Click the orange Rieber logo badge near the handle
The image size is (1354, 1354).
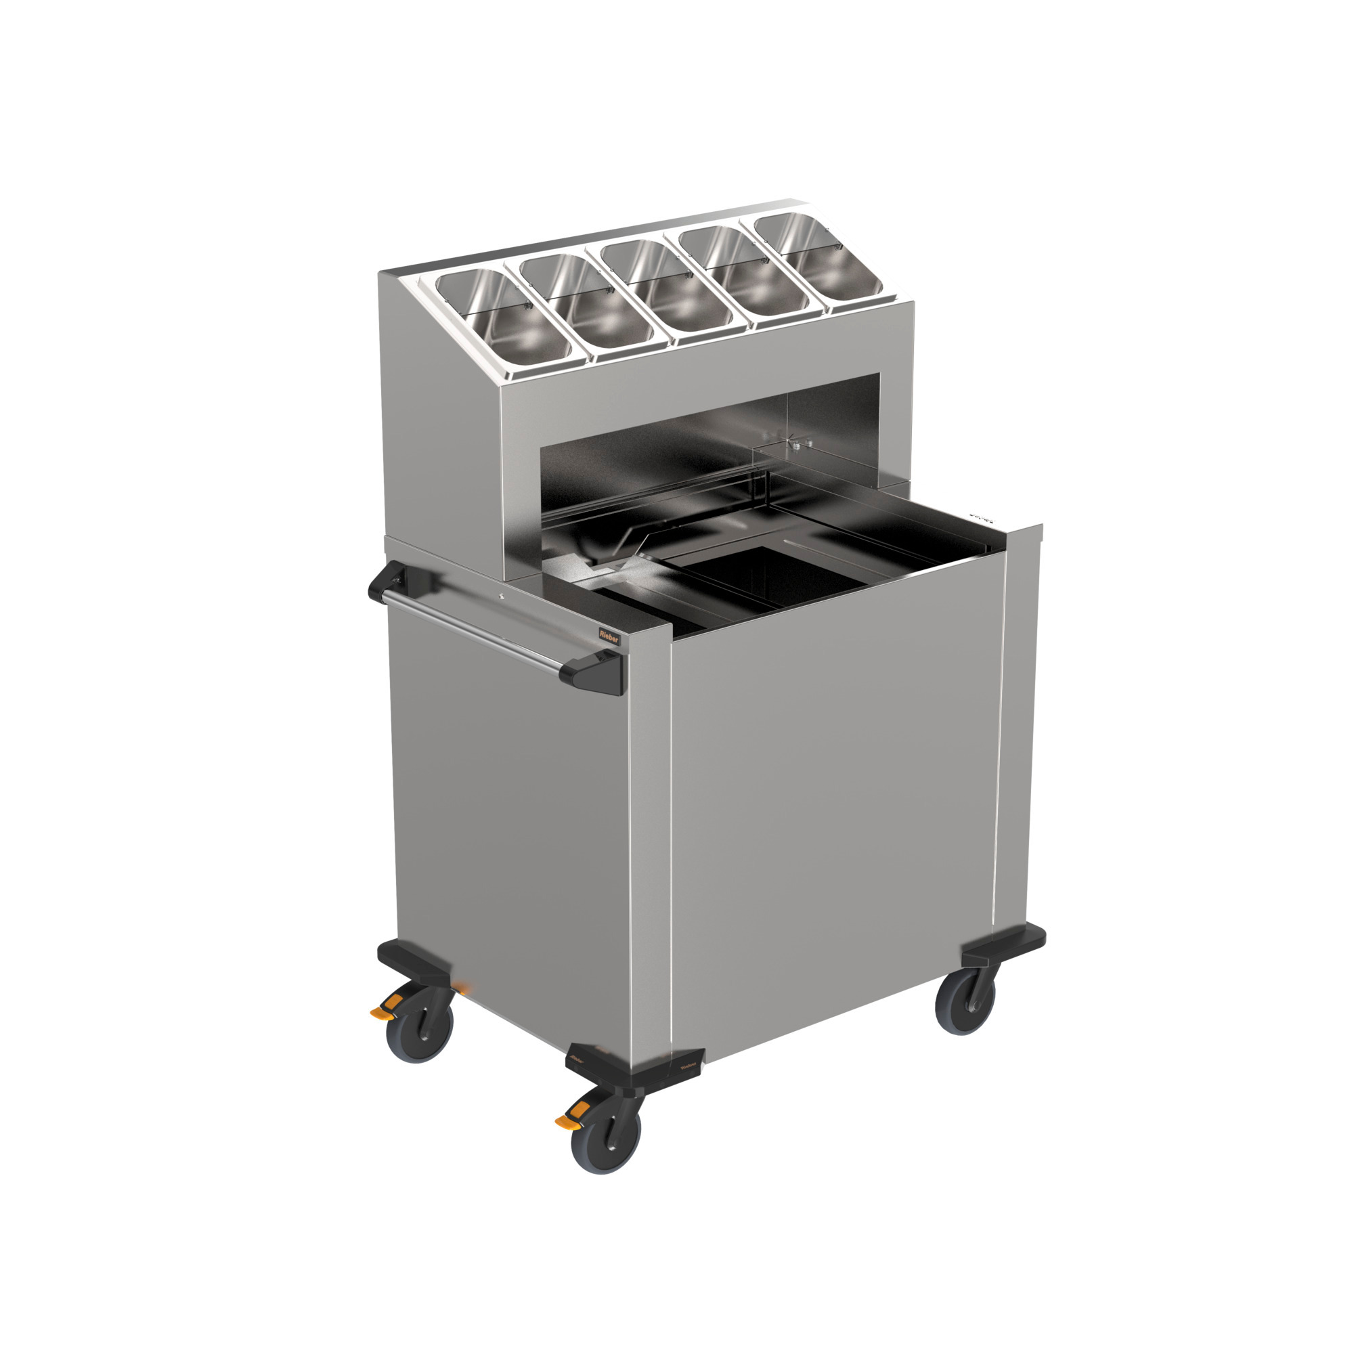click(609, 634)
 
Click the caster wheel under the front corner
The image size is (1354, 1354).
click(605, 1140)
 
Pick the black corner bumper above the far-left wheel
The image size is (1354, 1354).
click(414, 961)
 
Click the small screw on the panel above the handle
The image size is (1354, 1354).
click(501, 597)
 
